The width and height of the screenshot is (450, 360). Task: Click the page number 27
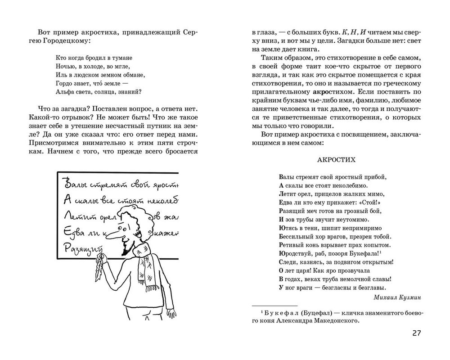416,333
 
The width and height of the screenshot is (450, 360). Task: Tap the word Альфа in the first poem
64,92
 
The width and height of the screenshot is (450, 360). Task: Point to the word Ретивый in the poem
291,245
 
